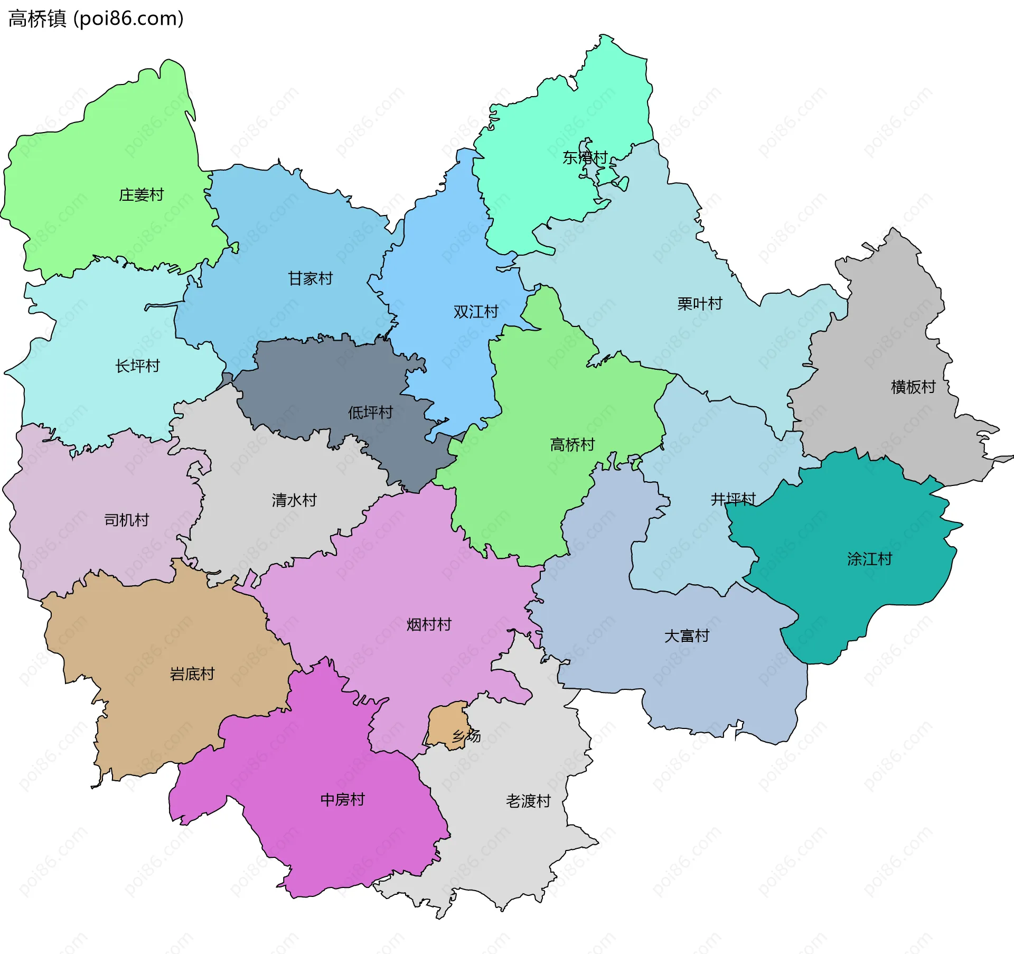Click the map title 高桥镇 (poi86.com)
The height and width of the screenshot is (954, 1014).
[96, 18]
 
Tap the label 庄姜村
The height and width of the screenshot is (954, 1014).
[141, 195]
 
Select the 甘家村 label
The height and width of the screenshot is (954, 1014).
[310, 278]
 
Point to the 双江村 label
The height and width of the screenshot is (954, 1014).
[475, 312]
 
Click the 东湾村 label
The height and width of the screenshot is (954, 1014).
[585, 157]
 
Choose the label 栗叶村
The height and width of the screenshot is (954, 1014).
[699, 304]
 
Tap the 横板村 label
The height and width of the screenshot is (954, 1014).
[913, 387]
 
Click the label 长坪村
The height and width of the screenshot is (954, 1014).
[137, 366]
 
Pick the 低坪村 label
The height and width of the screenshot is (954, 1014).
[370, 413]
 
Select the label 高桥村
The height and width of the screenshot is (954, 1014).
[572, 445]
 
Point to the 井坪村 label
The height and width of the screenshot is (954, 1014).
[733, 499]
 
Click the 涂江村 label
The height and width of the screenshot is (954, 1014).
[869, 559]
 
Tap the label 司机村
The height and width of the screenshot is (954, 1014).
[126, 520]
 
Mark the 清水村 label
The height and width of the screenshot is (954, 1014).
[294, 500]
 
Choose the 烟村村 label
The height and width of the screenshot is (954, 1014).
[428, 625]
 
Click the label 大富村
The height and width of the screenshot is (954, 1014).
[686, 636]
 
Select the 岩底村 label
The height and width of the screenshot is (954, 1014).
[192, 674]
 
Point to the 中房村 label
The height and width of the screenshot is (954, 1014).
[342, 800]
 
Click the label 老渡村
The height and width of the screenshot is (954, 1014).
[528, 801]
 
